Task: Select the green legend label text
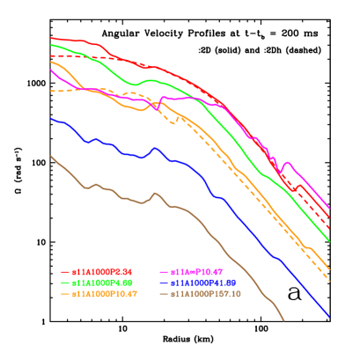102,283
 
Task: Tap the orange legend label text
105,293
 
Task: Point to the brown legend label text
206,293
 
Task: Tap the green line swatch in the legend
65,283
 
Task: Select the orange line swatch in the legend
65,293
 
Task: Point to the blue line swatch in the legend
164,283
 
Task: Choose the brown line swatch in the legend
164,293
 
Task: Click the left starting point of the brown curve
50,156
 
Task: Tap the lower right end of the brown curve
284,320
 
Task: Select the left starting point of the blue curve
50,118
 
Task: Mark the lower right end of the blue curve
329,317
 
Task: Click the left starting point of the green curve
50,44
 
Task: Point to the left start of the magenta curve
50,70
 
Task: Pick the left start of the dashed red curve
50,55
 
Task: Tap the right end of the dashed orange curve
329,281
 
